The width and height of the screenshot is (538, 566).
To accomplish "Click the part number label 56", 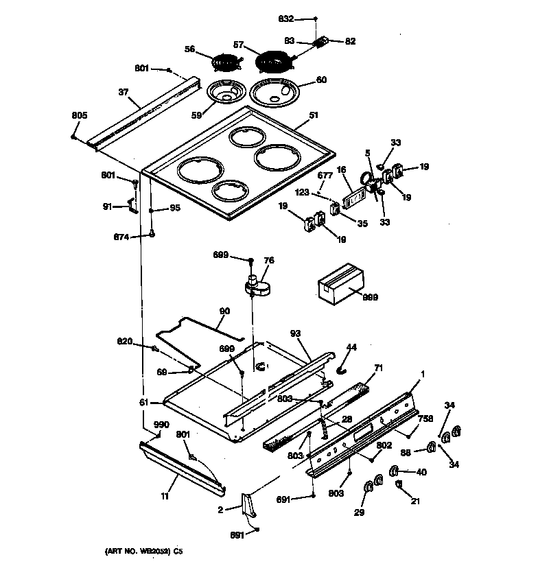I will click(x=190, y=49).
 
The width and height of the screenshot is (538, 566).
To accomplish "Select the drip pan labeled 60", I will click(x=276, y=93).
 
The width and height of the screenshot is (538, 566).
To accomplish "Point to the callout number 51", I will click(x=314, y=116).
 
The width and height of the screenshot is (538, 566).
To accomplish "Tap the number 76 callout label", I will click(x=269, y=260).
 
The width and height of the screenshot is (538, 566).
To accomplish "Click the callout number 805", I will click(x=80, y=115).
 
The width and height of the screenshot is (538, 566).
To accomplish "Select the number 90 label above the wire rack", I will click(x=224, y=311).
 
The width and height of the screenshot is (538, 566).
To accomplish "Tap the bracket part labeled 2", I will click(x=248, y=506).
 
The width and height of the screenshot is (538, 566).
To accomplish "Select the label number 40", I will click(x=421, y=471).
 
